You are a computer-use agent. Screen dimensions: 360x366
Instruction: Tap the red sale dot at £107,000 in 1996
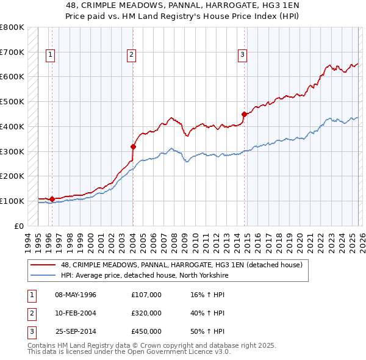(52, 199)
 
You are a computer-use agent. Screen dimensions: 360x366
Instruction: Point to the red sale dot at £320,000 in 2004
(133, 146)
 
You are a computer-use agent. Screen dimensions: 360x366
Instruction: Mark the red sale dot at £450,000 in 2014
(244, 114)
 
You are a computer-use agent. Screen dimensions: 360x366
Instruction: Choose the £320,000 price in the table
(146, 313)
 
